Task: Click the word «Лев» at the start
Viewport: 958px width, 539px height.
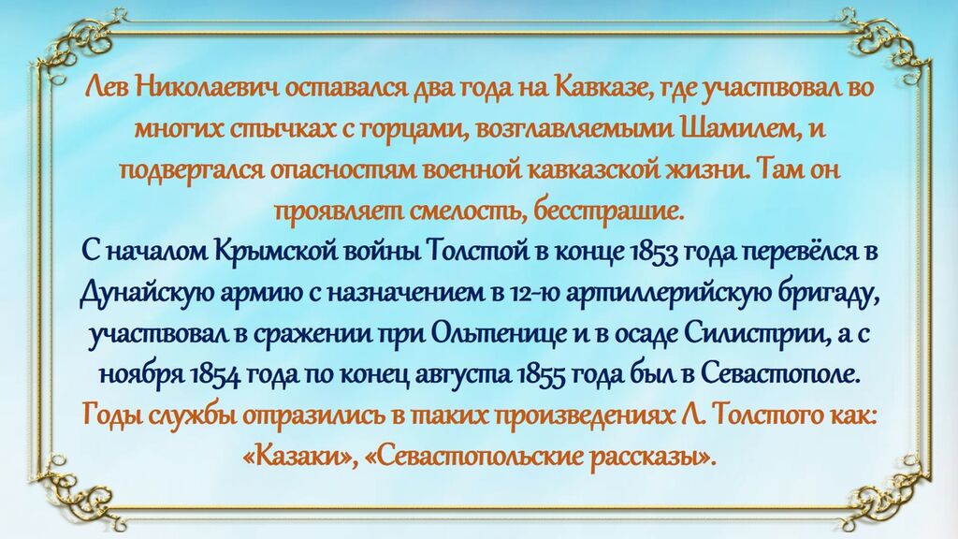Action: [x=105, y=87]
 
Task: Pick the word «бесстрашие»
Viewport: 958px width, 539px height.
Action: [x=606, y=212]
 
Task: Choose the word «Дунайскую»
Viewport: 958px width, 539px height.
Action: [x=147, y=295]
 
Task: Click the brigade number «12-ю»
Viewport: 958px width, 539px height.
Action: [x=533, y=294]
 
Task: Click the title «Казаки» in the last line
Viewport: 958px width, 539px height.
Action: [x=300, y=457]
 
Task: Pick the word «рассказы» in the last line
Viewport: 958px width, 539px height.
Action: [x=651, y=458]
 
